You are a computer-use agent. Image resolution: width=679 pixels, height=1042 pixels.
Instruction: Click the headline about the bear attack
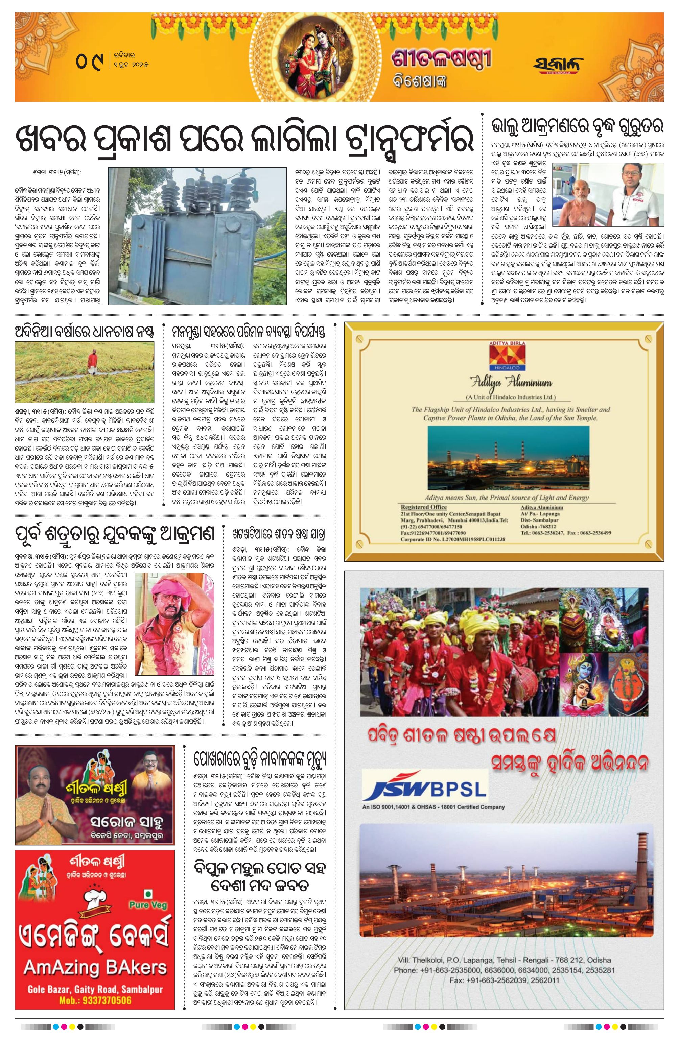[x=577, y=127]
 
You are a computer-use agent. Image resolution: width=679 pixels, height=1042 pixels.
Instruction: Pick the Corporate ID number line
[x=452, y=539]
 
